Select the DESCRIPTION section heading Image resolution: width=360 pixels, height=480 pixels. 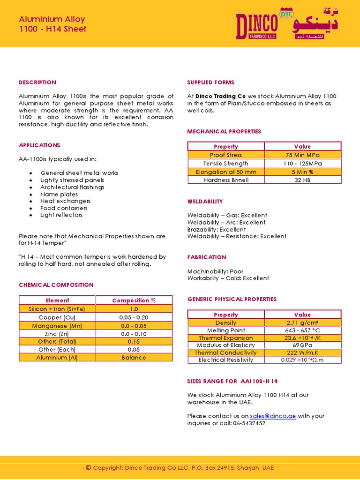[x=37, y=82]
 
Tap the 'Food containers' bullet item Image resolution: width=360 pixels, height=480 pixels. [x=64, y=208]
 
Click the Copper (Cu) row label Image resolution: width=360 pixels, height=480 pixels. [x=57, y=317]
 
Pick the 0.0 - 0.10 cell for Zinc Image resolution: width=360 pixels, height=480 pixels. [x=134, y=334]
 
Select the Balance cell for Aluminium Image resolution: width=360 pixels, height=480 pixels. [x=134, y=358]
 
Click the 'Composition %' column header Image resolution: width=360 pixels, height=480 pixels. [x=134, y=300]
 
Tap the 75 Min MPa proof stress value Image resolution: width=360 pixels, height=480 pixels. [x=302, y=155]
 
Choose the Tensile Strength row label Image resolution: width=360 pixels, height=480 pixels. [x=226, y=164]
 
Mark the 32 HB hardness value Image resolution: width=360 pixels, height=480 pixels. [x=302, y=180]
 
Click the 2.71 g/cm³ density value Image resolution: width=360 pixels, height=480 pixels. [x=302, y=323]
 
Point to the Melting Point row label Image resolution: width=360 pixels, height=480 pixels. [x=226, y=330]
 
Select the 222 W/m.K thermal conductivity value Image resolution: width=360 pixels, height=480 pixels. [x=302, y=352]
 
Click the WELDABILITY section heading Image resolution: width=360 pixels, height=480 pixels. [x=205, y=202]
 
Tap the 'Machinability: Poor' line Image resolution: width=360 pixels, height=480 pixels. [x=215, y=271]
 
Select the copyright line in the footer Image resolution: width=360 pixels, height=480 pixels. [x=180, y=468]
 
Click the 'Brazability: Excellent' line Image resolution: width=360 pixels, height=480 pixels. [x=217, y=230]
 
